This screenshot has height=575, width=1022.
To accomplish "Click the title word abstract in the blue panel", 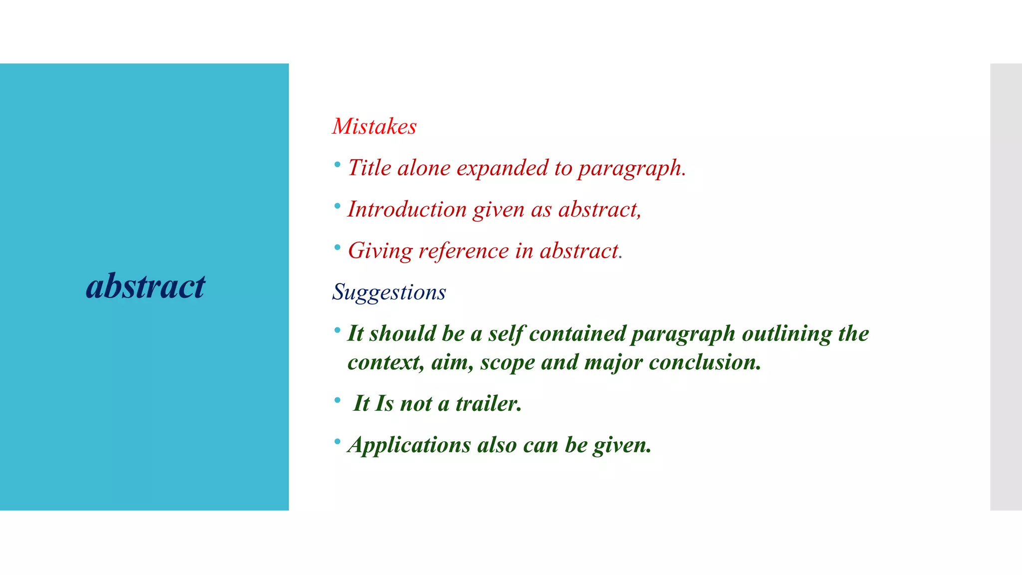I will pos(145,287).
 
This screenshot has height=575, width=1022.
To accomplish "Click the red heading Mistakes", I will pos(374,126).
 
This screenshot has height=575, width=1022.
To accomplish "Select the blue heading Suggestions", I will pos(389,292).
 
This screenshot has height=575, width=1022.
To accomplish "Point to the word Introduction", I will pos(407,209).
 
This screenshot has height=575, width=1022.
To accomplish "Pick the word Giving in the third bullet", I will pos(380,251).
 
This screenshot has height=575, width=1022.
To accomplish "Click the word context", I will pos(385,362).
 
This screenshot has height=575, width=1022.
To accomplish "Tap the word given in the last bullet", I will pos(621,445).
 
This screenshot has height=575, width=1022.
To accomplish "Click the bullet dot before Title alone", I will pos(337,164).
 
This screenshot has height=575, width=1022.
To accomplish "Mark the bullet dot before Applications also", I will pos(337,441).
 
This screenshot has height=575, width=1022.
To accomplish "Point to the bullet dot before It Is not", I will pos(337,400).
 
